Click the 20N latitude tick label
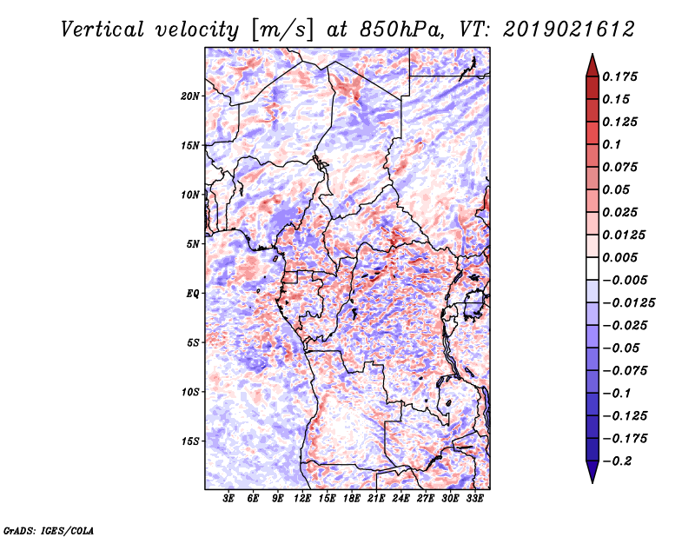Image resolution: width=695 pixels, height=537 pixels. pyautogui.click(x=190, y=96)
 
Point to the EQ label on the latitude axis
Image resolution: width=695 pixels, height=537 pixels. pyautogui.click(x=192, y=294)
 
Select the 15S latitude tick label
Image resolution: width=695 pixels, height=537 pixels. pyautogui.click(x=190, y=441)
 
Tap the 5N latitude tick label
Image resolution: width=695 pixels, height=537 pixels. pyautogui.click(x=193, y=244)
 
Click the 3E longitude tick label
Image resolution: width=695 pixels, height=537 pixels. pyautogui.click(x=228, y=499)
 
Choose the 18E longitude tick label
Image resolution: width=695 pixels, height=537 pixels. pyautogui.click(x=352, y=499)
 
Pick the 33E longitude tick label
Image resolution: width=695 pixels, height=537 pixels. pyautogui.click(x=474, y=499)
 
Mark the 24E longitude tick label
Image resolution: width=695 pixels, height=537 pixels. pyautogui.click(x=400, y=499)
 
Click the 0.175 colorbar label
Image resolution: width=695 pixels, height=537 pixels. pyautogui.click(x=619, y=76)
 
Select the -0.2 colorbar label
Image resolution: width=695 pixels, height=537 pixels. pyautogui.click(x=618, y=461)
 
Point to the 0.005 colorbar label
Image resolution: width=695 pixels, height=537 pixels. pyautogui.click(x=619, y=257)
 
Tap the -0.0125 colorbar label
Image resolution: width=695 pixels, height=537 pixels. pyautogui.click(x=628, y=303)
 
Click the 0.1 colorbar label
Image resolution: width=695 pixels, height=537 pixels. pyautogui.click(x=612, y=144)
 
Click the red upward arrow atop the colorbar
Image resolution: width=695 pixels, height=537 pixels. pyautogui.click(x=592, y=65)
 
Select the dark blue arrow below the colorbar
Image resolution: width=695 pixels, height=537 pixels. pyautogui.click(x=592, y=472)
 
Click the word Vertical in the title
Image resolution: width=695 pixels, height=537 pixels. pyautogui.click(x=103, y=30)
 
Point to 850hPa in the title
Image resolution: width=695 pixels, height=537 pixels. pyautogui.click(x=401, y=30)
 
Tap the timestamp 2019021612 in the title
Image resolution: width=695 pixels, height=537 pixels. pyautogui.click(x=569, y=30)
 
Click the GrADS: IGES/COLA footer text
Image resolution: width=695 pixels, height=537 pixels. pyautogui.click(x=49, y=530)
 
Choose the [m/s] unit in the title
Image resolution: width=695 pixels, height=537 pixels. pyautogui.click(x=281, y=30)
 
